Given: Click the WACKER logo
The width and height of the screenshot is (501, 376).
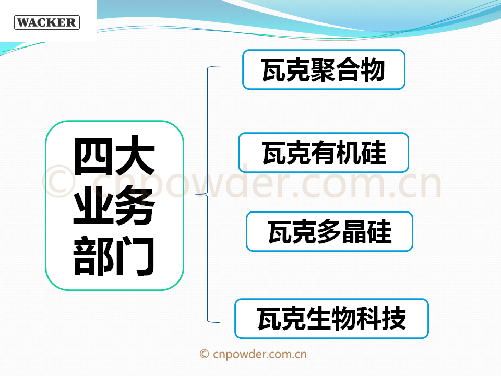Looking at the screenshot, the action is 47,22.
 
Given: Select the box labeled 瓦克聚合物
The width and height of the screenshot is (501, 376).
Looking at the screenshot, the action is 324,69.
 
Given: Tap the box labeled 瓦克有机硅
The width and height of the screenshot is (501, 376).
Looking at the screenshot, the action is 324,152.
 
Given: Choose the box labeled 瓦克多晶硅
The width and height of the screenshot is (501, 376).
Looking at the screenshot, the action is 329,231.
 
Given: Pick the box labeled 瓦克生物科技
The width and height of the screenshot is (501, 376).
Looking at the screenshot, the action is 332,319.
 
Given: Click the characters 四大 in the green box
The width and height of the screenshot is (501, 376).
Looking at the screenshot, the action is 114,156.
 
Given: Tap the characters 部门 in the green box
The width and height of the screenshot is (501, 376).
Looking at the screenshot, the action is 114,256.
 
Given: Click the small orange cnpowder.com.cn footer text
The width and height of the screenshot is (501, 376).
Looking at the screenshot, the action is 260,354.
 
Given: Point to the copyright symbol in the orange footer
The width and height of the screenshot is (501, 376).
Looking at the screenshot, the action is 204,354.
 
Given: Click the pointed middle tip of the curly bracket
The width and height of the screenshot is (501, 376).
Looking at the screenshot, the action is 196,194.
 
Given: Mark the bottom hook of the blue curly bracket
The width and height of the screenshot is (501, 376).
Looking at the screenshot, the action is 213,321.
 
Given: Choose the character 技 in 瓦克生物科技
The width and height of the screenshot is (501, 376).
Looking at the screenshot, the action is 393,319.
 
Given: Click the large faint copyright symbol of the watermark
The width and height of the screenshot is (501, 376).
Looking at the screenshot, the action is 59,181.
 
